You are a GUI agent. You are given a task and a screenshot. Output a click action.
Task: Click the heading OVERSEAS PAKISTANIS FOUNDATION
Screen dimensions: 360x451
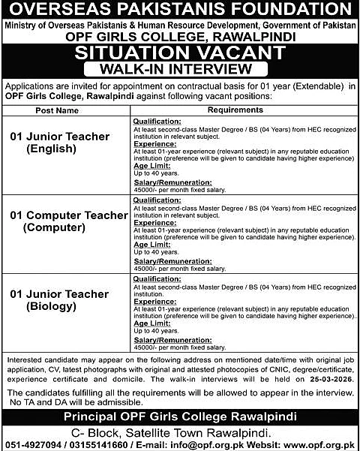pos(180,11)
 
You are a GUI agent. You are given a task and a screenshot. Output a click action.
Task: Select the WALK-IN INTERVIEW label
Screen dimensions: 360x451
pos(180,68)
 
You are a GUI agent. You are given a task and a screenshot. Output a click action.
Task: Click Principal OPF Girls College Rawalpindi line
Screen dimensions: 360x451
pos(180,415)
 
